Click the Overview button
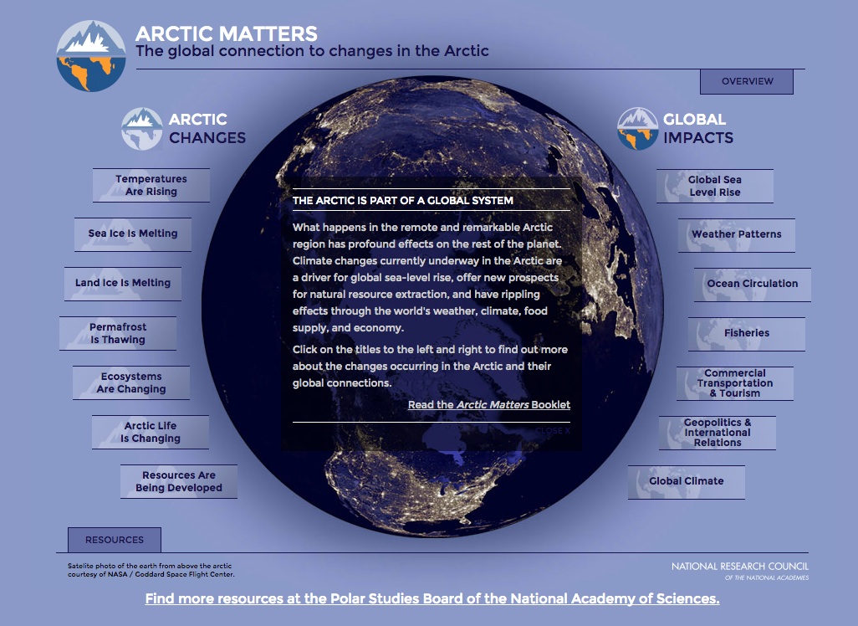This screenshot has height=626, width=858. [746, 81]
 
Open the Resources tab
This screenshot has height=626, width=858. [114, 540]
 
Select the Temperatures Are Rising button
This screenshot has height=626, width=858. [151, 185]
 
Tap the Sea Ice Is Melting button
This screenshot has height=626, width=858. [133, 233]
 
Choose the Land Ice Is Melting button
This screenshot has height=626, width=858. [123, 283]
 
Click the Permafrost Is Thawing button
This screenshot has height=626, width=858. [118, 333]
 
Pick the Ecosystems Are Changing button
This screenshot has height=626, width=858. [131, 382]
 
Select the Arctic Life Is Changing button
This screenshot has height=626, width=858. [151, 432]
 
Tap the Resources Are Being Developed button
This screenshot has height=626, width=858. [179, 481]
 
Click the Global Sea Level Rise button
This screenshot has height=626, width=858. [715, 186]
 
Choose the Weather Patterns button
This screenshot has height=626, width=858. [737, 234]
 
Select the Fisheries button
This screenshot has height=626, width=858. [747, 333]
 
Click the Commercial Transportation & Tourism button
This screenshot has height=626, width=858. [735, 383]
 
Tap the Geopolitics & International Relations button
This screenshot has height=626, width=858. [718, 433]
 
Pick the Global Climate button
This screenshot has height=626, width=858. [687, 481]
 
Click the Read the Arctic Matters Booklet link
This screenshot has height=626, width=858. [489, 405]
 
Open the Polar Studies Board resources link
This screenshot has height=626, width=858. [432, 599]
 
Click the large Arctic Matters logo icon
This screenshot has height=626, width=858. [91, 56]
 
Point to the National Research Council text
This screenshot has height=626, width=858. [740, 567]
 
